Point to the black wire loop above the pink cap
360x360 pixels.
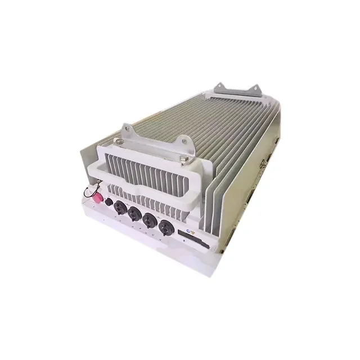tap(88, 191)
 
